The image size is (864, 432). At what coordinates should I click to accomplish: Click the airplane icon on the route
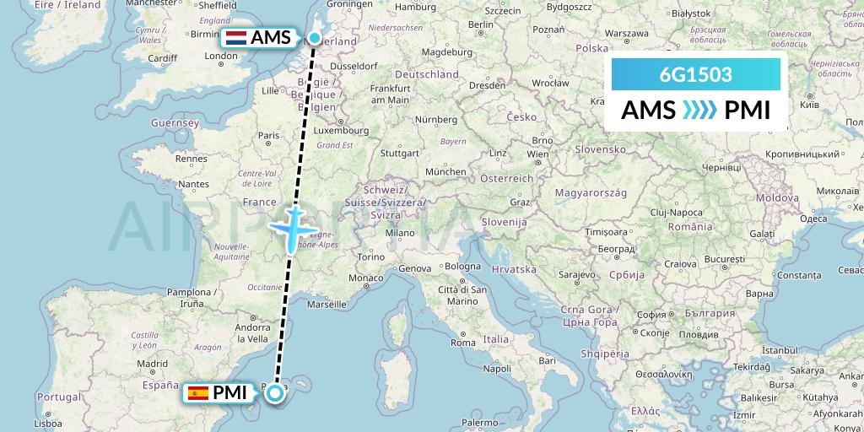click(293, 228)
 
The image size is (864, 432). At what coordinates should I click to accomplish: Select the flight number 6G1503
click(695, 75)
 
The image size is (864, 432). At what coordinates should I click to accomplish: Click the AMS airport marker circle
click(315, 38)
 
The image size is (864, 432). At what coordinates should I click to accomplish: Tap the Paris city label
click(268, 135)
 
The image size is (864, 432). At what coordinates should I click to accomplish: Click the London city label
click(220, 57)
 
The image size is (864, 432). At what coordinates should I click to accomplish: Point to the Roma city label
click(463, 343)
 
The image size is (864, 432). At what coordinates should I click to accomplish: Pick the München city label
click(446, 171)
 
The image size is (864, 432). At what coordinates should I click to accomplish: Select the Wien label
click(537, 154)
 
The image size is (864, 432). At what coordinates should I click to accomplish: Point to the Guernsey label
click(175, 123)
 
